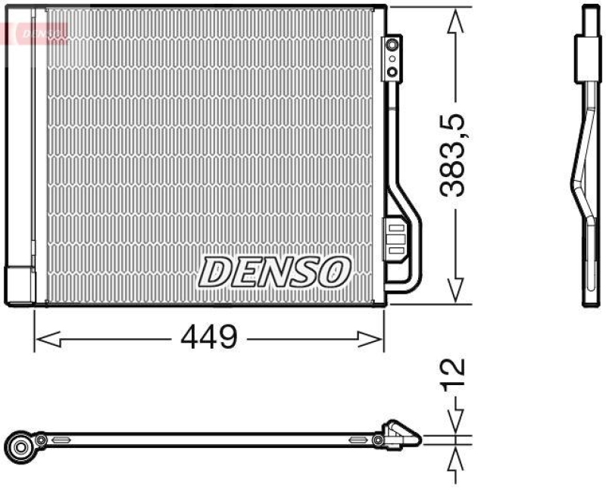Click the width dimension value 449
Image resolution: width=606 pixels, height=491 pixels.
point(208,337)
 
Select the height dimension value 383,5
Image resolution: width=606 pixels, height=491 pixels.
point(453,156)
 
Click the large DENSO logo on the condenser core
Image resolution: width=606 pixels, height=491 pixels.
point(275,271)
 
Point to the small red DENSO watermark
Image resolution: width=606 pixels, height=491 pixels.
point(38,33)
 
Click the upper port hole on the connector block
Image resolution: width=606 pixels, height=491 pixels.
point(392,48)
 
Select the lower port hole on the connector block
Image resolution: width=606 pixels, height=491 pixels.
point(392,72)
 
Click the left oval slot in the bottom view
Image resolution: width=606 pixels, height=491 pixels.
point(61,439)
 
